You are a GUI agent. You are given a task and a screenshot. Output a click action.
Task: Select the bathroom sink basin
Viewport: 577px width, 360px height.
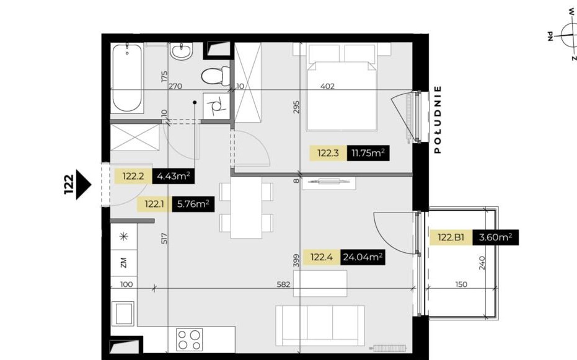tap(182, 52)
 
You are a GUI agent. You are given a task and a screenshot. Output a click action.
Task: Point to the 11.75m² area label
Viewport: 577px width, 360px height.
tap(368, 153)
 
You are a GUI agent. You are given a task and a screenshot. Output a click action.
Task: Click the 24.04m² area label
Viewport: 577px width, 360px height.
tap(363, 257)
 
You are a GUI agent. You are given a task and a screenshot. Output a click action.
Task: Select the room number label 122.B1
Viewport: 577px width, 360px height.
tap(452, 237)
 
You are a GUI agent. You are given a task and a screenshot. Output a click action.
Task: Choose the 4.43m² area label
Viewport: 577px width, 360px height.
tap(174, 176)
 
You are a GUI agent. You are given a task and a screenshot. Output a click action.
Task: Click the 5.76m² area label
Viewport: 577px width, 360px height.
tap(193, 204)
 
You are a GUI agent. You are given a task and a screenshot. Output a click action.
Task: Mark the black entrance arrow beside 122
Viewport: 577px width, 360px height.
tap(84, 183)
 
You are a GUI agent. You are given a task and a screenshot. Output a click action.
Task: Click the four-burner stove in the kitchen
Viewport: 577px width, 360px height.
tap(190, 339)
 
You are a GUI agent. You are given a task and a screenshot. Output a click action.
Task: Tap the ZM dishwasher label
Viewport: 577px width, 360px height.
tap(123, 263)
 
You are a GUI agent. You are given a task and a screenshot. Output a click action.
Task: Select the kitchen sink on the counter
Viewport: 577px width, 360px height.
tap(124, 314)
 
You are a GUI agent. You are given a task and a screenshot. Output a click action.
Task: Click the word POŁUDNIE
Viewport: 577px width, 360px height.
tap(438, 119)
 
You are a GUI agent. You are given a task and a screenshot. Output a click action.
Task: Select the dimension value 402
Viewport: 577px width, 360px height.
tap(327, 86)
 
